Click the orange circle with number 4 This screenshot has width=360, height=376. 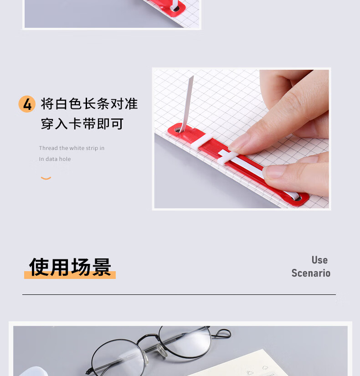27,104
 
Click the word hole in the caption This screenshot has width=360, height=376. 65,159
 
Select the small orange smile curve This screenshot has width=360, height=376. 46,178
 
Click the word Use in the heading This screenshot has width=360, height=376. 319,260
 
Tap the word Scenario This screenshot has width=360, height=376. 311,273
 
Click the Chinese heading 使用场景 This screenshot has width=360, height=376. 70,267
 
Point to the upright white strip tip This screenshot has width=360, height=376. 192,77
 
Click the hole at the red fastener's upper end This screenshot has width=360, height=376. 177,130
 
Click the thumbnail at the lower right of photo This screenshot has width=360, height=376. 274,172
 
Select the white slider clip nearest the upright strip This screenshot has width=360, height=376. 202,141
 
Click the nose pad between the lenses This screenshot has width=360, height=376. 162,350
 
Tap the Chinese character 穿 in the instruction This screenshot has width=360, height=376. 47,124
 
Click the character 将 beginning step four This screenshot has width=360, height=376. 47,104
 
